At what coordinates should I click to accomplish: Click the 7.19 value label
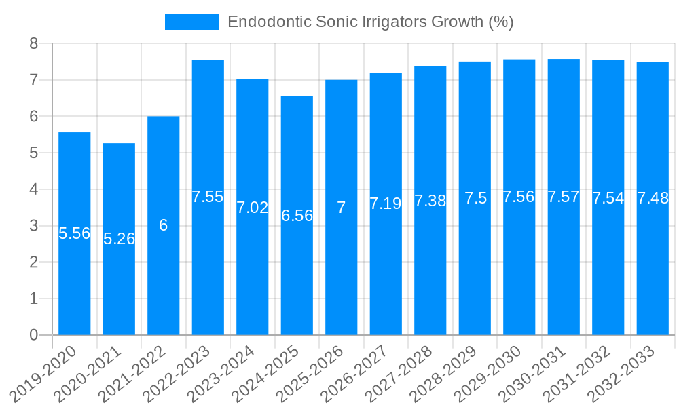tap(386, 203)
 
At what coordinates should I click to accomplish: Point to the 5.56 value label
tap(75, 233)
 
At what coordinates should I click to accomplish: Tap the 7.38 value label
tap(430, 201)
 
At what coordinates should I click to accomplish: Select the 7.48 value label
tap(653, 199)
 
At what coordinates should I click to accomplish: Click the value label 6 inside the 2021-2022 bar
tap(164, 225)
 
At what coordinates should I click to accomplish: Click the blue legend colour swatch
tap(192, 22)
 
